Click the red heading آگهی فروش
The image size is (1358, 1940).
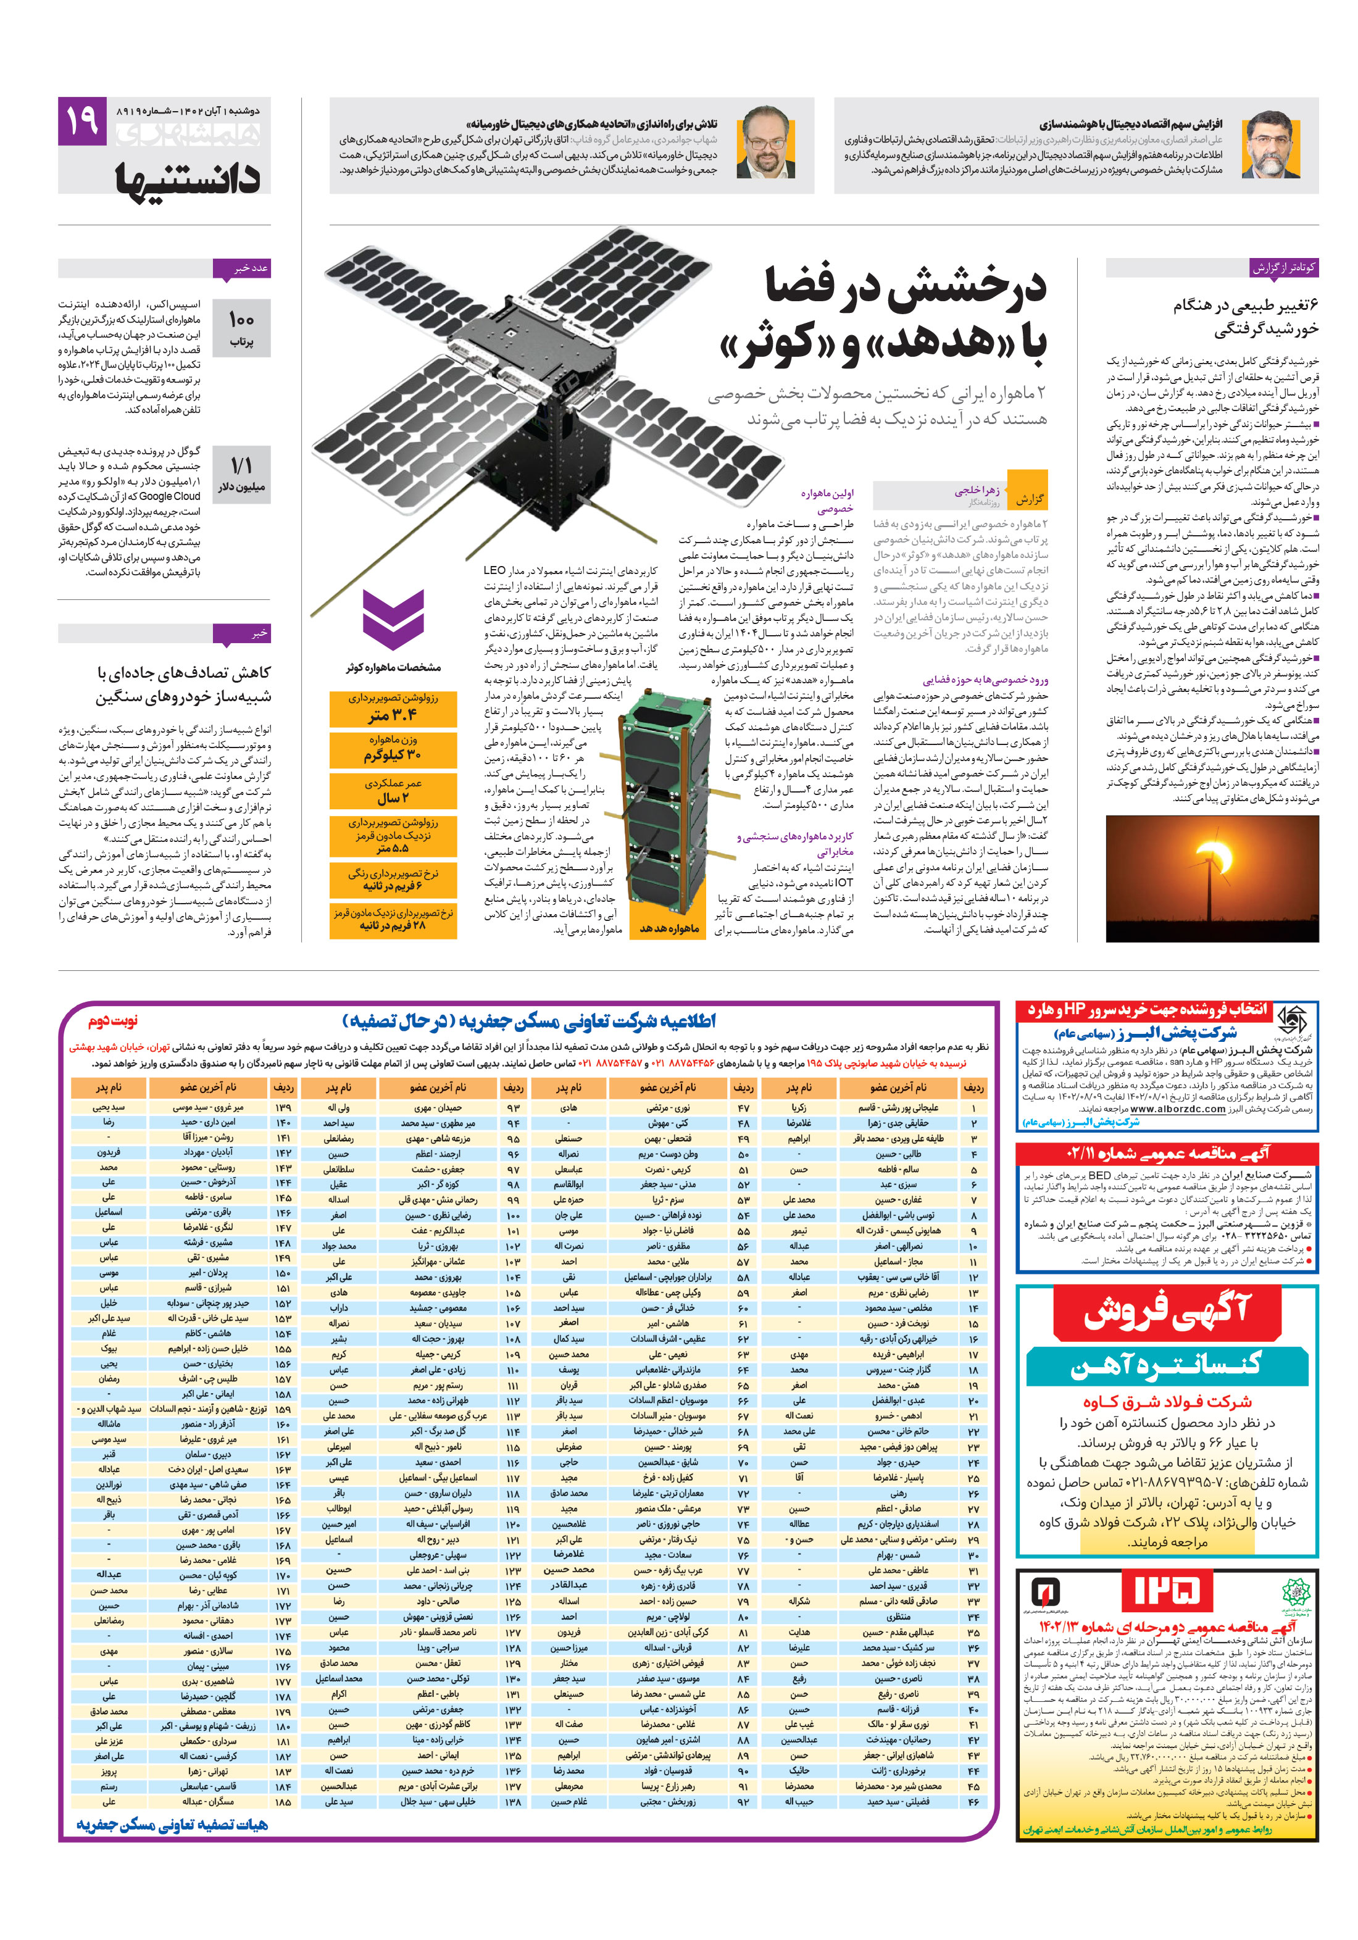[1165, 1312]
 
